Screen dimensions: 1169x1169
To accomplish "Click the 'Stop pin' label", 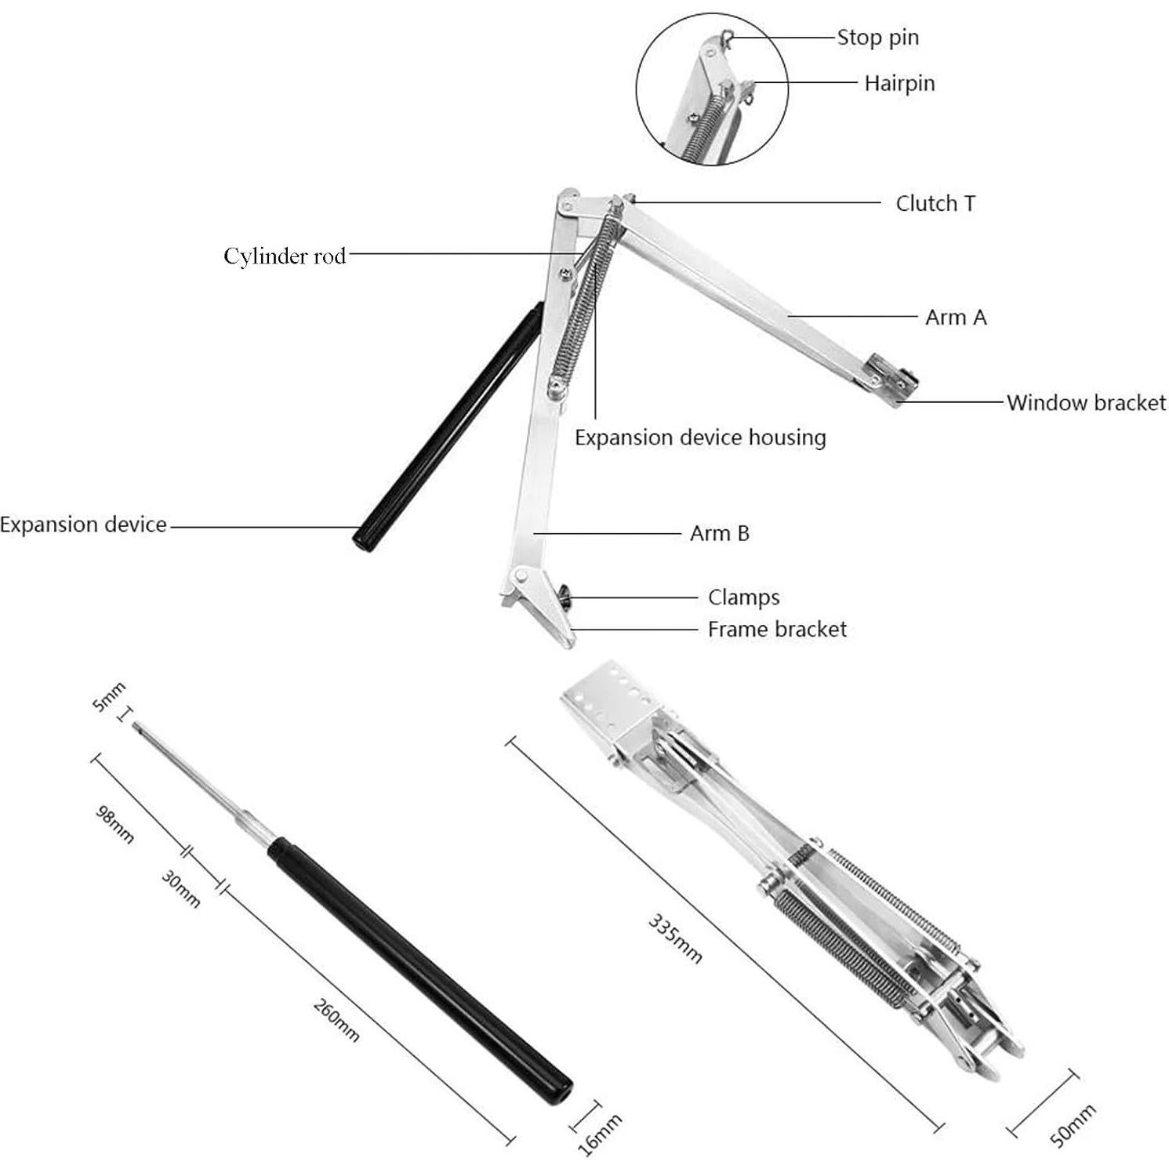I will pos(877,38).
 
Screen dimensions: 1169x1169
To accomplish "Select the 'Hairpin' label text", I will pos(899,83).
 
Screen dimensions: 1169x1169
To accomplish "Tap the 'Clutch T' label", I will pos(935,204).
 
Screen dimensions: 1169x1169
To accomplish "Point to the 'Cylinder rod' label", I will pos(285,256).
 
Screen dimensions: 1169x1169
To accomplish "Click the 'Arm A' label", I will pos(956,318).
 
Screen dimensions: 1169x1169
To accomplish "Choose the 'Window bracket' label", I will pos(1086,403).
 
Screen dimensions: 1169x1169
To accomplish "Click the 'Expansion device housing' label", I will pos(700,437).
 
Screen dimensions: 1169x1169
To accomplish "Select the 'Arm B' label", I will pos(719,534).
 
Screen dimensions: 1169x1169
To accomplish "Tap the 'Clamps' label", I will pos(743,597).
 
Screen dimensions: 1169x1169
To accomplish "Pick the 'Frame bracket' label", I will pos(777,630).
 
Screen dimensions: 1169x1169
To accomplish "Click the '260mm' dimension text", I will pos(336,1020).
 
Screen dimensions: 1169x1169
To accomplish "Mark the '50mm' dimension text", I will pos(1073,1126).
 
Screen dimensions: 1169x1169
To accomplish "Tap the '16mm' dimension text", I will pos(600,1134).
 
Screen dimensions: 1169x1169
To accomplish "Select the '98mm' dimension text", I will pos(114,824).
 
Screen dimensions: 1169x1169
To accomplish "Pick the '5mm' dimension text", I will pos(109,697).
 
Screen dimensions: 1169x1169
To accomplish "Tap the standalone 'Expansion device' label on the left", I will pos(83,525).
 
